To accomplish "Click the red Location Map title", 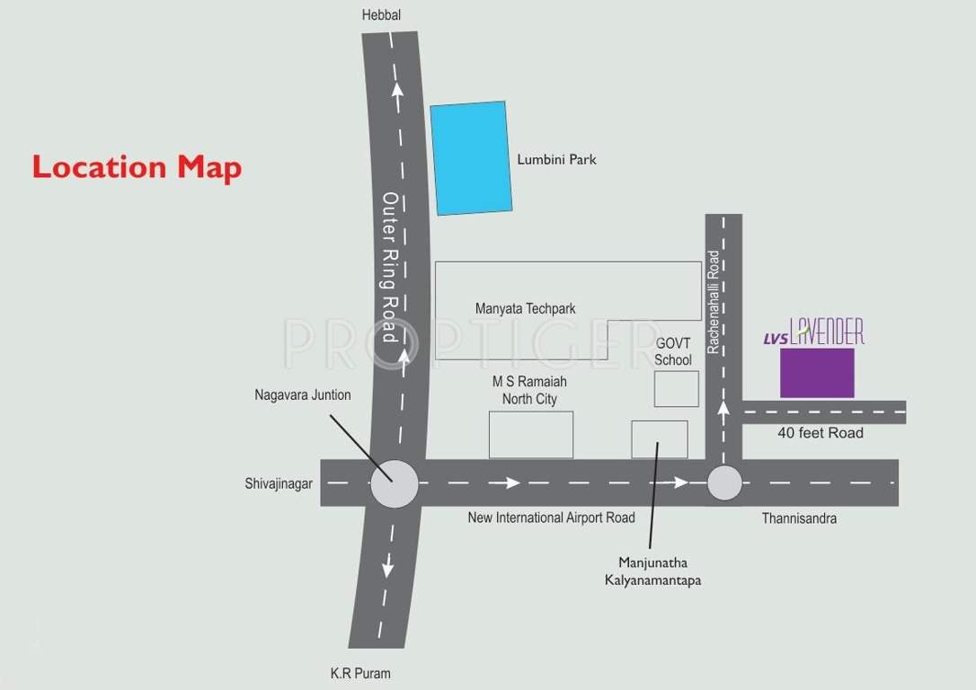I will click(x=137, y=167).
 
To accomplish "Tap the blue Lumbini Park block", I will click(x=470, y=158).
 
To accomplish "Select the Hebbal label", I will click(x=380, y=15).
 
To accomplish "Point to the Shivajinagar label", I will click(x=279, y=483).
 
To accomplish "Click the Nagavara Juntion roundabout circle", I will click(x=394, y=483).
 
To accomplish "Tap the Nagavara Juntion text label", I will click(x=303, y=394).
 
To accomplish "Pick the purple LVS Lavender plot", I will click(x=816, y=373).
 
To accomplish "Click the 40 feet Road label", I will click(x=820, y=433).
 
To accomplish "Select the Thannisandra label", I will click(x=799, y=518).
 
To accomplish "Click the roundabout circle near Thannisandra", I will click(x=724, y=483).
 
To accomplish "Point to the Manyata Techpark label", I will click(x=525, y=308).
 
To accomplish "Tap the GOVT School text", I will click(x=673, y=351).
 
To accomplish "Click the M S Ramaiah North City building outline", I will click(x=530, y=435).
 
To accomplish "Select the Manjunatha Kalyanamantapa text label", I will click(x=652, y=571).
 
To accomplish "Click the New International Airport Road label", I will click(x=551, y=517).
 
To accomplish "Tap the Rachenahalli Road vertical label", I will click(x=714, y=301).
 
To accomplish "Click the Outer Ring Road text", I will click(x=390, y=267).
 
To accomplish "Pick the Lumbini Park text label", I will click(x=556, y=160).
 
